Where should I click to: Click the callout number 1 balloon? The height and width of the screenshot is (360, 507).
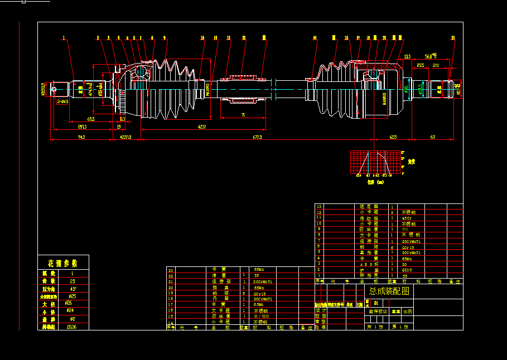click(x=64, y=38)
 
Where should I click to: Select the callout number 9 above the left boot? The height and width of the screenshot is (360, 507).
click(x=165, y=38)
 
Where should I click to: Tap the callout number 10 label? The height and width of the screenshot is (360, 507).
click(x=202, y=38)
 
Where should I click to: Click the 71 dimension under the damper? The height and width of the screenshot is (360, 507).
click(x=243, y=114)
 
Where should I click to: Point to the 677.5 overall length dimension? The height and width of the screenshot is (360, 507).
click(x=257, y=137)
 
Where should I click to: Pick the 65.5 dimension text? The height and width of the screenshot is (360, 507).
click(x=90, y=119)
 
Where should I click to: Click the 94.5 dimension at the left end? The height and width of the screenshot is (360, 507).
click(x=81, y=137)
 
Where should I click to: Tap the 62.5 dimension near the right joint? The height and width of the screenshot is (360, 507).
click(x=393, y=137)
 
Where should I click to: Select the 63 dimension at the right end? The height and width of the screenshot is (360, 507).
click(x=432, y=137)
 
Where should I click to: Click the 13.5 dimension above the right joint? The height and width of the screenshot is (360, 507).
click(x=407, y=56)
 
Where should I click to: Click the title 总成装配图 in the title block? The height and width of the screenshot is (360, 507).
click(x=389, y=291)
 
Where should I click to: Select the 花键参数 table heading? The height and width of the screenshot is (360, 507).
click(x=62, y=263)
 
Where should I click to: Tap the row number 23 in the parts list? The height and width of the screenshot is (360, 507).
click(x=171, y=270)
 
